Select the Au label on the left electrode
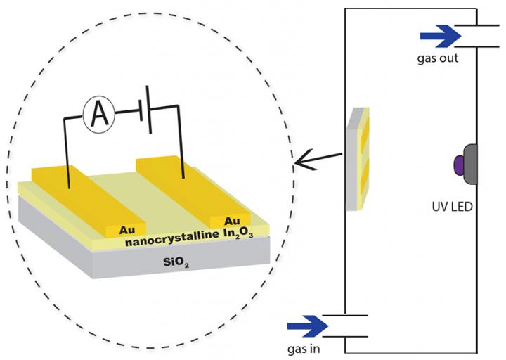click(126, 229)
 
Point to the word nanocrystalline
click(163, 240)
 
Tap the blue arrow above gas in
click(308, 326)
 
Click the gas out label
click(439, 58)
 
